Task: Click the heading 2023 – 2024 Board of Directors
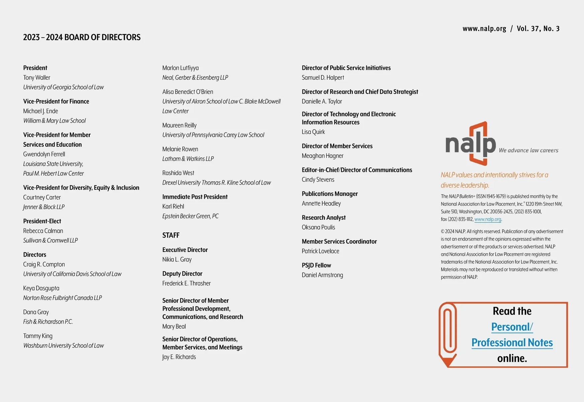tap(82, 37)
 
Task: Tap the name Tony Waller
tap(36, 77)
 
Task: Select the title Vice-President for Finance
tap(56, 101)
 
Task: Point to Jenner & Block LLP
tap(44, 207)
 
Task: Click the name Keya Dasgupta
tap(41, 288)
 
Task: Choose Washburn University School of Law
tap(63, 345)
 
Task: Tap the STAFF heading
tap(171, 235)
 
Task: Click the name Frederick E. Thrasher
tap(186, 283)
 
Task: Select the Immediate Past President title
tap(195, 197)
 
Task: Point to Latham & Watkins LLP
tap(188, 159)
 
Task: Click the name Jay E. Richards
tap(179, 357)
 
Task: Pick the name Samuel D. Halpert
tap(323, 77)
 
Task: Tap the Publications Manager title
tap(330, 194)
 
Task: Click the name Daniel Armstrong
tap(322, 275)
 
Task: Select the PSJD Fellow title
tap(316, 265)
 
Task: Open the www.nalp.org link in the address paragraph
tap(488, 219)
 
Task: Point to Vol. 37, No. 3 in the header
tap(538, 29)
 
